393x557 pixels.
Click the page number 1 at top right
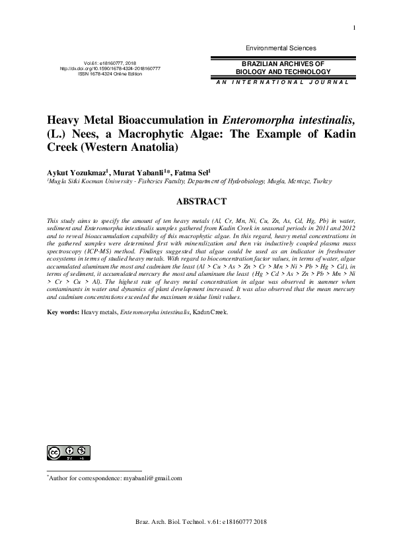355,26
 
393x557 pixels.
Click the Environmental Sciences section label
281,48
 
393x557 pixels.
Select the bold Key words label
63,310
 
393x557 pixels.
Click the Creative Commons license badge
67,452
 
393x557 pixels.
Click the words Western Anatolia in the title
132,146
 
